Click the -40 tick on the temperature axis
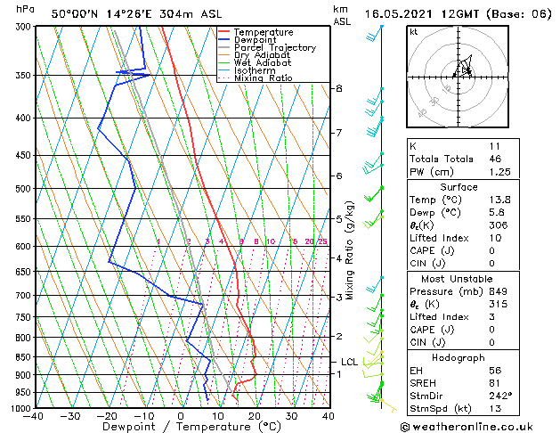click(x=34, y=416)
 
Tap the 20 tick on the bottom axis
click(x=255, y=416)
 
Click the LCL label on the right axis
click(x=349, y=362)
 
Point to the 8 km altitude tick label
click(x=339, y=88)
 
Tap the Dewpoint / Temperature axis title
click(x=180, y=427)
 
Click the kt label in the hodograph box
click(x=414, y=32)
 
